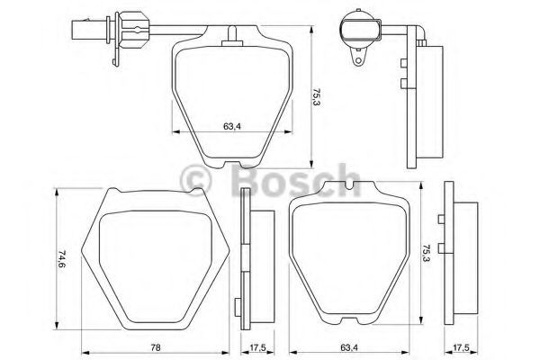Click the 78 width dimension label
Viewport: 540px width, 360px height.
pos(156,347)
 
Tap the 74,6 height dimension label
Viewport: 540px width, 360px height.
pos(61,258)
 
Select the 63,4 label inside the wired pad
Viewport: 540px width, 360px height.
pos(232,126)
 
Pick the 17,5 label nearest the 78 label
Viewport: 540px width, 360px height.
pos(256,347)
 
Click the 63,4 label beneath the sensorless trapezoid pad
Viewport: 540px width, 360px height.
pos(349,347)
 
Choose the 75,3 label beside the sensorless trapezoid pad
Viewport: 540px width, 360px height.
pos(427,253)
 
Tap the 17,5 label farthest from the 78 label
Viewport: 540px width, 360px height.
pos(461,347)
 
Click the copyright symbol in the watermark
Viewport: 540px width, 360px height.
pos(196,180)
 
